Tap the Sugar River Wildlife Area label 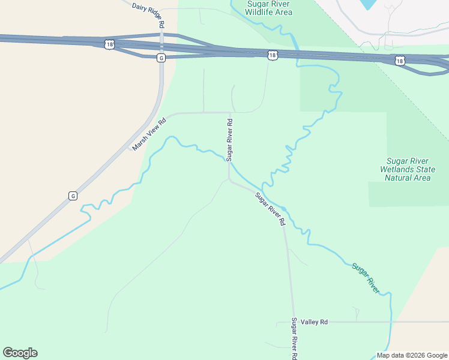click(x=270, y=8)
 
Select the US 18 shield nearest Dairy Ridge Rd click(x=109, y=44)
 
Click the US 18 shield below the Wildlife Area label click(x=273, y=55)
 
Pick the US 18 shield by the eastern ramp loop click(x=400, y=61)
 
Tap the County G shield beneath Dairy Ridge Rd click(x=161, y=58)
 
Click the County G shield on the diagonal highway click(x=73, y=196)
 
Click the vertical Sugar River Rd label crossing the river click(x=229, y=139)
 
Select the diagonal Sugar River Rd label click(x=270, y=209)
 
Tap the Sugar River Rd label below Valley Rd click(x=294, y=339)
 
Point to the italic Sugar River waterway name click(x=366, y=278)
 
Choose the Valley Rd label click(x=315, y=322)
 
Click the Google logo click(x=20, y=353)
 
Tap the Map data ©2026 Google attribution click(x=411, y=355)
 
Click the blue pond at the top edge click(x=368, y=4)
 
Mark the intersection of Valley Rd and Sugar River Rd click(x=292, y=322)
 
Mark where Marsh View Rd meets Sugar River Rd click(x=229, y=112)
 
